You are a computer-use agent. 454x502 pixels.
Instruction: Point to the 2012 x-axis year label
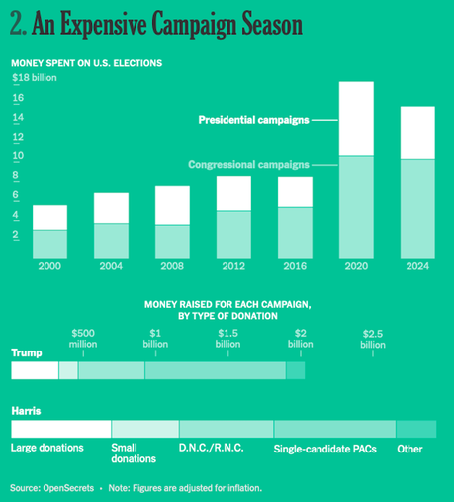(x=233, y=266)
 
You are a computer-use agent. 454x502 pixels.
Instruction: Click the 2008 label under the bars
(x=171, y=266)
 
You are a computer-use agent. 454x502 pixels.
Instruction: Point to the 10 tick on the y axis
(x=18, y=157)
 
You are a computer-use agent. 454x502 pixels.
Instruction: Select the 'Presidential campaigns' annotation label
(x=253, y=120)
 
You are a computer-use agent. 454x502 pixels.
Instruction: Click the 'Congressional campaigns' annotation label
(x=247, y=164)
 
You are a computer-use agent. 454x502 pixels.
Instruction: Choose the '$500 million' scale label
(x=84, y=339)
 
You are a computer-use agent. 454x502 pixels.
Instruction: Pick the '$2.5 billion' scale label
(x=373, y=339)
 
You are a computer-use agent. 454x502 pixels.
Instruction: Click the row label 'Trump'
(x=26, y=352)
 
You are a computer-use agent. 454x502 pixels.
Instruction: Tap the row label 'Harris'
(x=27, y=409)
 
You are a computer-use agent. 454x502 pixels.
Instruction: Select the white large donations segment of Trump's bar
(x=35, y=370)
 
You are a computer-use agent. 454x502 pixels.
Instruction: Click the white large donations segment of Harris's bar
(x=60, y=429)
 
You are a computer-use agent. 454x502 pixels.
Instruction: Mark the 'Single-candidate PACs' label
(x=323, y=449)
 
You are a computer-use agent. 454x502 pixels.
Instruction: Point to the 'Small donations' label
(x=134, y=453)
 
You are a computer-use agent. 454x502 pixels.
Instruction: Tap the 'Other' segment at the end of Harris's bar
(x=415, y=429)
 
